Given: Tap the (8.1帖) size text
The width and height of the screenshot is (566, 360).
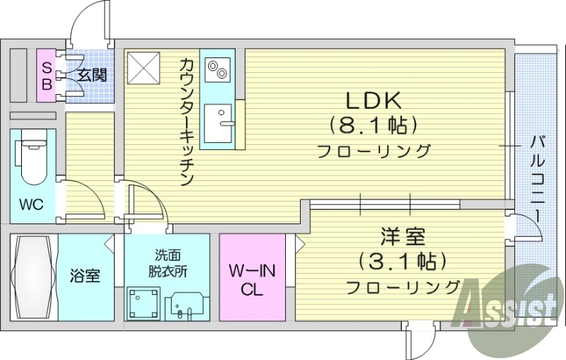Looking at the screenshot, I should tap(373, 126).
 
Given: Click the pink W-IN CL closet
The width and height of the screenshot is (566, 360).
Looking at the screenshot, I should tap(252, 279).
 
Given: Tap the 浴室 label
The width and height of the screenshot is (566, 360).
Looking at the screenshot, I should tap(84, 276).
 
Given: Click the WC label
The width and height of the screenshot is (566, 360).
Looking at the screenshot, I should tap(31, 205).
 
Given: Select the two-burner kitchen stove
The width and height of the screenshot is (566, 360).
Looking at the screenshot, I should tap(216, 69).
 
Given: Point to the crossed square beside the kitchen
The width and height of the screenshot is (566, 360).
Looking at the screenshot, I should tap(145, 67).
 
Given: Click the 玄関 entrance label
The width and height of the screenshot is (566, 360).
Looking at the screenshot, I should tap(92, 74).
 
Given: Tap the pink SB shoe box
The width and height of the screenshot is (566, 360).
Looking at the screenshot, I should tap(46, 75).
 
